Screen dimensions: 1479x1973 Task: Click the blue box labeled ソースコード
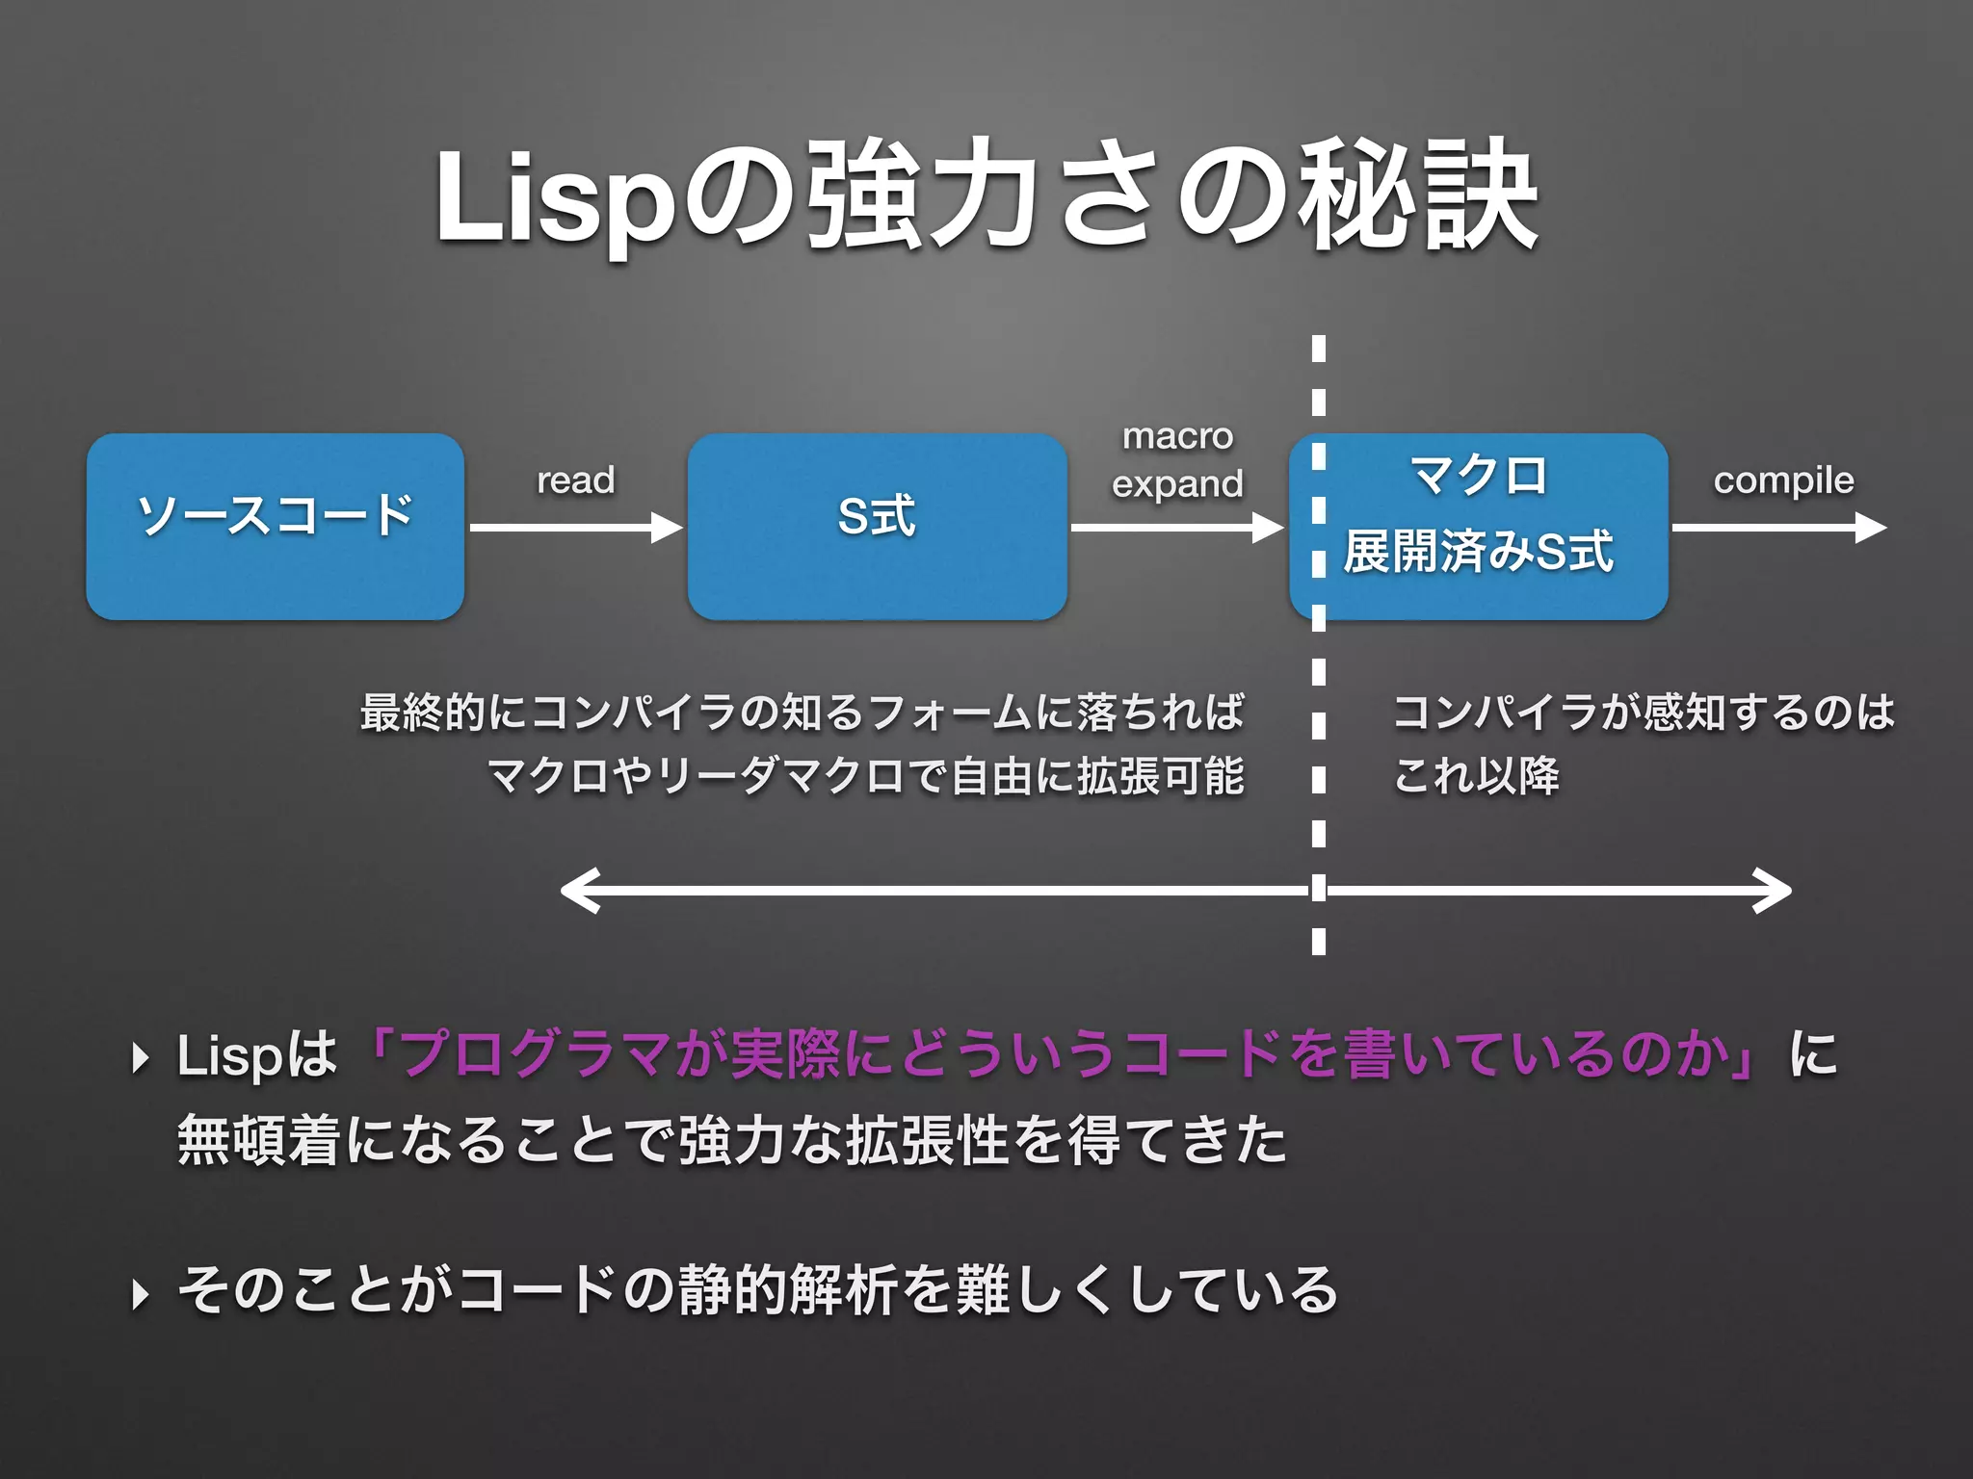[276, 527]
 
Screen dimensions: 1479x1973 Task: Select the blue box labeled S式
[877, 527]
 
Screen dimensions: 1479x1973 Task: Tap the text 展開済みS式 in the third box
[1478, 553]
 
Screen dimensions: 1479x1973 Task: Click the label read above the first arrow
[575, 480]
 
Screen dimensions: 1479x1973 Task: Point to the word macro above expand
[1177, 436]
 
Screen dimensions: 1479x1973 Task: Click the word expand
[1177, 484]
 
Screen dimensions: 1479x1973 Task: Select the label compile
[1783, 480]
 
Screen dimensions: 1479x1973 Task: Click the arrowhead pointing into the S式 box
[667, 528]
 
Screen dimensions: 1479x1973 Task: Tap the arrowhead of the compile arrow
[1871, 528]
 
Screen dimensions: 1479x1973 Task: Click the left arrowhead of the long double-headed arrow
[578, 891]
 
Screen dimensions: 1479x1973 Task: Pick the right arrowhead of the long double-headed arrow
[1775, 891]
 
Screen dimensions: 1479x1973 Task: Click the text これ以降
[1476, 776]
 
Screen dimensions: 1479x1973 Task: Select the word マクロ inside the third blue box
[1478, 476]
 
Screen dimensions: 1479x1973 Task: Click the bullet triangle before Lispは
[141, 1058]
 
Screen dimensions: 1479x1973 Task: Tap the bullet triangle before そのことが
[141, 1294]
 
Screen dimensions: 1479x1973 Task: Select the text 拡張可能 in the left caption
[1160, 776]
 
